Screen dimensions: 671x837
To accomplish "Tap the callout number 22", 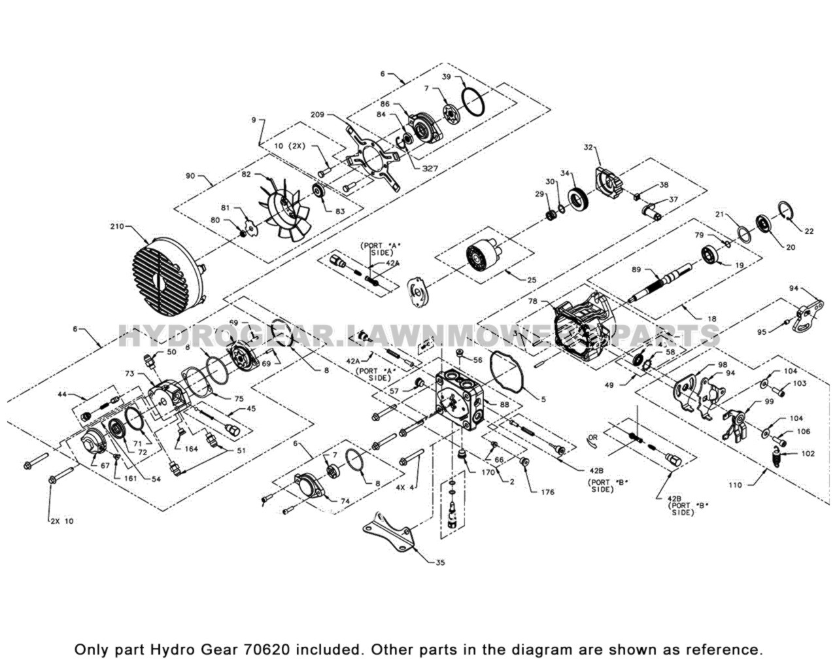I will pos(809,231).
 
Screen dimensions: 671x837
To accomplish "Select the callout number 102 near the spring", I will pos(808,453).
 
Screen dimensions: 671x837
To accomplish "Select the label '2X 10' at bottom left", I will pos(62,521).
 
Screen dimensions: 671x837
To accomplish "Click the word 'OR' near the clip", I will pos(592,436).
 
